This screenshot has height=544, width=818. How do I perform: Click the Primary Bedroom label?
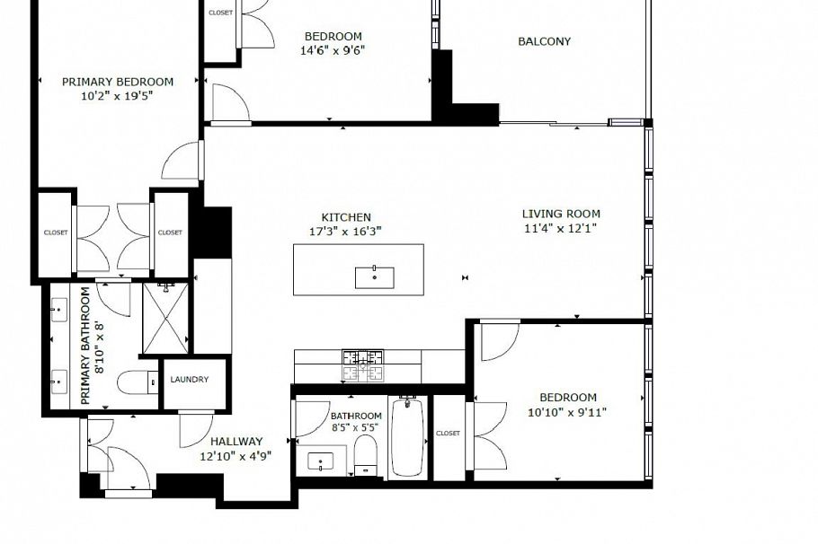(x=117, y=81)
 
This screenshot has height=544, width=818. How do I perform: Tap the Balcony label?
(x=544, y=41)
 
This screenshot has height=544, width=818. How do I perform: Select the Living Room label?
(x=561, y=214)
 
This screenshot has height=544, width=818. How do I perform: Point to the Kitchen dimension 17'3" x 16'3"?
(x=346, y=231)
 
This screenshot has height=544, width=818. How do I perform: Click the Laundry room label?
(x=189, y=380)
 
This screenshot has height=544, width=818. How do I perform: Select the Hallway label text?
(x=236, y=441)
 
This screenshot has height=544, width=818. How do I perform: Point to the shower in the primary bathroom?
(x=166, y=319)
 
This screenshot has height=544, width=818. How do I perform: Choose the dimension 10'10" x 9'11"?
(x=567, y=412)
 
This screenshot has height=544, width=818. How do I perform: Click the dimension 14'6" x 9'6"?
(x=332, y=50)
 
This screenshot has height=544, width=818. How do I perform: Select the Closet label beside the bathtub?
(x=448, y=434)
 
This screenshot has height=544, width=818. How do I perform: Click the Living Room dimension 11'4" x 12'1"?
(x=561, y=228)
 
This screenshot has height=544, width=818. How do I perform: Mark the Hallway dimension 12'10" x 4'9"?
(x=236, y=455)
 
